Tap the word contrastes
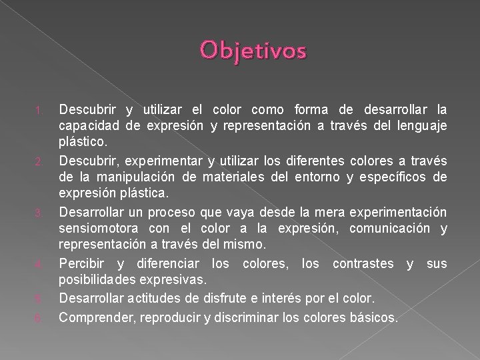click(x=360, y=264)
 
